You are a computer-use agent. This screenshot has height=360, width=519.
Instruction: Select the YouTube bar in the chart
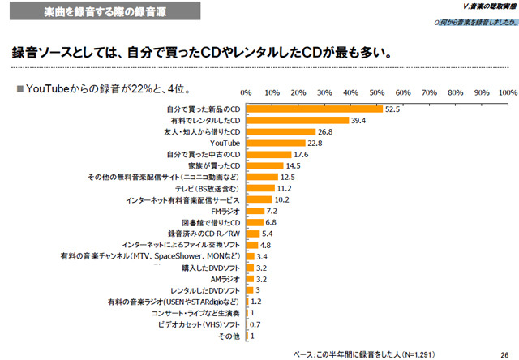[275, 143]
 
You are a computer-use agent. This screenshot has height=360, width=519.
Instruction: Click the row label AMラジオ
[224, 278]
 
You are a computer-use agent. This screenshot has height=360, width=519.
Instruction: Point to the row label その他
[231, 335]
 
